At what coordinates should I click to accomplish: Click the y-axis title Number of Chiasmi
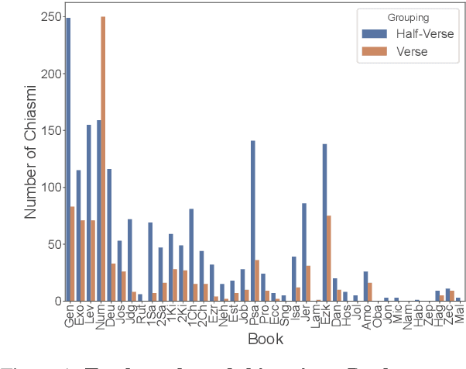point(31,159)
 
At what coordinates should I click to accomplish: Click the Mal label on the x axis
point(458,313)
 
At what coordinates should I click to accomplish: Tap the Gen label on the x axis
point(68,315)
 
